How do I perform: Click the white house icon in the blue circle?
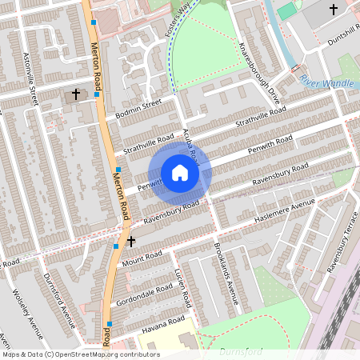[x=180, y=172]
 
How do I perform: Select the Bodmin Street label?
[x=138, y=107]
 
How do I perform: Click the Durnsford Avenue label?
[x=58, y=301]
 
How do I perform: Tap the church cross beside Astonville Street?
[x=77, y=94]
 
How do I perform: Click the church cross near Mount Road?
[x=130, y=240]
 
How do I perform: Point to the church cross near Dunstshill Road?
[x=333, y=10]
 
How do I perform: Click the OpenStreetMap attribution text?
[x=81, y=354]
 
